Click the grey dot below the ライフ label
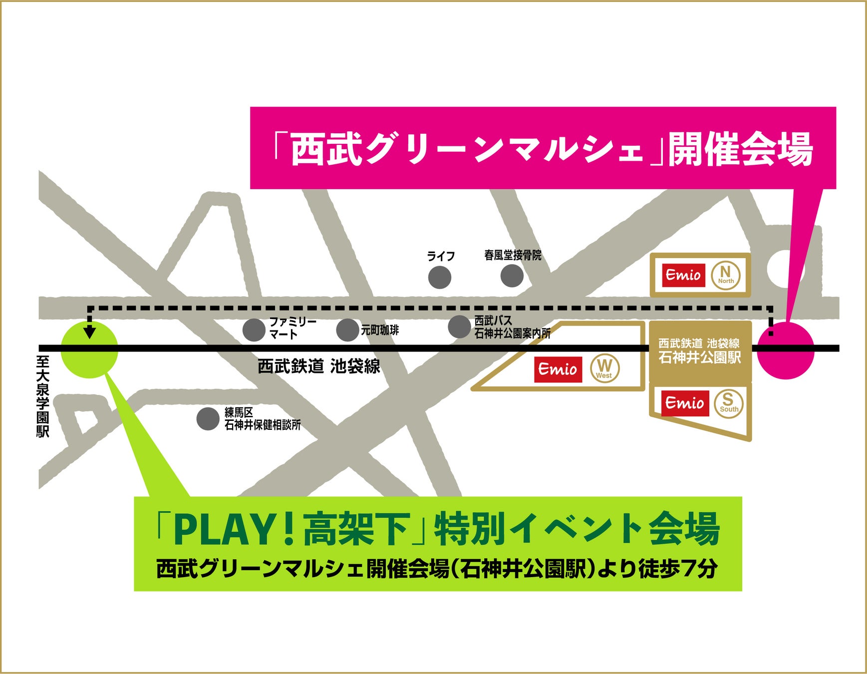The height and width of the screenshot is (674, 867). coord(440,278)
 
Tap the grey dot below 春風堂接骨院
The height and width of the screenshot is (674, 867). coord(512,276)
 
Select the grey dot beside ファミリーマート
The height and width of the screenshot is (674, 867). coord(254,330)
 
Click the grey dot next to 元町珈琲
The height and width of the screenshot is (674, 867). coord(347,330)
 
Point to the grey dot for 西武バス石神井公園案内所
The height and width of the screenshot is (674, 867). coord(459,327)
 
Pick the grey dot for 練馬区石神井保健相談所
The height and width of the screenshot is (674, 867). coord(208,419)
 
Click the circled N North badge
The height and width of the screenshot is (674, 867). coord(726,275)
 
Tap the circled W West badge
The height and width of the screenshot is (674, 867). coord(604,369)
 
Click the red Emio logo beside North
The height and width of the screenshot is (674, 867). coord(683,275)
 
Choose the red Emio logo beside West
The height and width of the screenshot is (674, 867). coord(558,369)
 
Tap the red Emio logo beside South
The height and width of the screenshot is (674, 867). coord(685,403)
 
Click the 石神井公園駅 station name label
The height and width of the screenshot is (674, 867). coord(699,357)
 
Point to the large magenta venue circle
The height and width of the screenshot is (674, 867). coord(786,350)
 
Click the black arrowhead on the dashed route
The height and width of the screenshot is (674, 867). coord(90,332)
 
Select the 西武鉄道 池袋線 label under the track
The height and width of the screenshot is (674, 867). coord(319,366)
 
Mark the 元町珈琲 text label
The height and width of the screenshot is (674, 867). coord(380,330)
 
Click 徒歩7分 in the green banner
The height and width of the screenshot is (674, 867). coord(678,569)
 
